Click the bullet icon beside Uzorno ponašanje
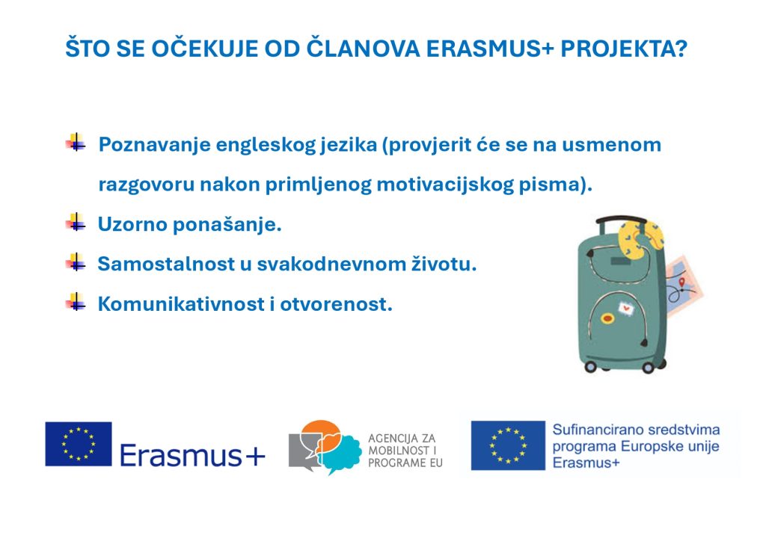click(x=75, y=223)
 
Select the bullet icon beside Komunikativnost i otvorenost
click(x=75, y=303)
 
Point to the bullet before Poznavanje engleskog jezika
click(x=75, y=143)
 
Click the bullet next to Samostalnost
click(x=75, y=263)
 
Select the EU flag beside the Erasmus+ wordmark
click(x=78, y=444)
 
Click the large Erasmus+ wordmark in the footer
click(x=192, y=454)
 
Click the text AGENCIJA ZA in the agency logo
click(x=402, y=438)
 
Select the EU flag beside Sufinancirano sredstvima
click(x=508, y=445)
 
